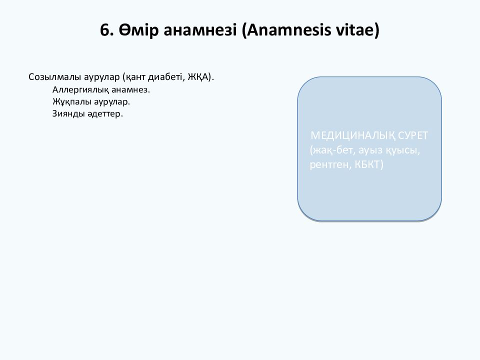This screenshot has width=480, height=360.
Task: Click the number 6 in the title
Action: (x=104, y=30)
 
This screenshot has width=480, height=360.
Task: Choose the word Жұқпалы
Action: (x=68, y=102)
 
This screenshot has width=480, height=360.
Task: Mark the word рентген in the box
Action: (x=329, y=164)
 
